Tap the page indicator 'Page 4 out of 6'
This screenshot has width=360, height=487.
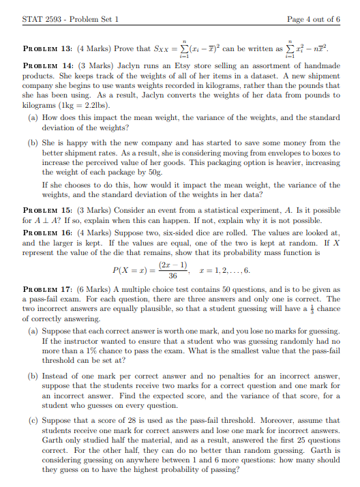[x=314, y=19]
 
